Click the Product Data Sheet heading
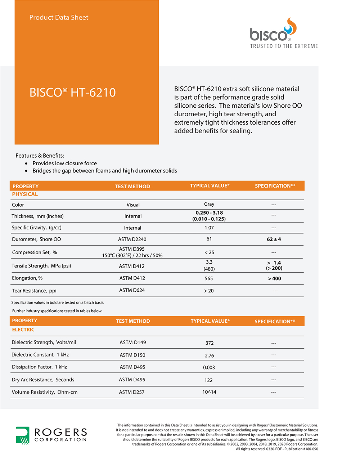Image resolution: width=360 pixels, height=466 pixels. tap(59, 17)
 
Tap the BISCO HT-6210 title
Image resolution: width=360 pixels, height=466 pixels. tap(72, 93)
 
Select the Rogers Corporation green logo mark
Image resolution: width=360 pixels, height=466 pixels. tap(22, 435)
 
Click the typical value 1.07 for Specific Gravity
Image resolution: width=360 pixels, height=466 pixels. tap(209, 228)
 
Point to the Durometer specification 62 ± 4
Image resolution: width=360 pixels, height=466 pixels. tap(274, 239)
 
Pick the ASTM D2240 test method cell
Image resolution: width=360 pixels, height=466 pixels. tap(132, 239)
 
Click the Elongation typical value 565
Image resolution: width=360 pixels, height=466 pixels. tap(209, 278)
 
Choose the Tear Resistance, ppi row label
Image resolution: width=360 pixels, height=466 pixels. tap(34, 291)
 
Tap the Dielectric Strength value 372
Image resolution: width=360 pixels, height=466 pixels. tap(210, 343)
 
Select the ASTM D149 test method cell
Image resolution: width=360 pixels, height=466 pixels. tap(133, 342)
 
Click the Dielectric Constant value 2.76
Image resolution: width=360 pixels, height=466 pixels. tap(210, 355)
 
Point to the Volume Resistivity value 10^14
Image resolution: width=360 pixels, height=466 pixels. tap(209, 392)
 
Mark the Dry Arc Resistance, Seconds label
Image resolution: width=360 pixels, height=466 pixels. tap(43, 380)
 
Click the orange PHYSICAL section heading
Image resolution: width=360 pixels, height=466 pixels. tap(25, 194)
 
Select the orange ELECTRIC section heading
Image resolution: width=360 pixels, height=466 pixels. tap(23, 330)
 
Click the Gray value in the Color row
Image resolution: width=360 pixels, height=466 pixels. tap(209, 204)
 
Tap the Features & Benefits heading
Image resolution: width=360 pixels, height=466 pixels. tap(40, 156)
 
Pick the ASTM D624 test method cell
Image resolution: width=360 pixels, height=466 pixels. tap(132, 290)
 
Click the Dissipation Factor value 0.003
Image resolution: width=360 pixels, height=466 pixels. tap(209, 367)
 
